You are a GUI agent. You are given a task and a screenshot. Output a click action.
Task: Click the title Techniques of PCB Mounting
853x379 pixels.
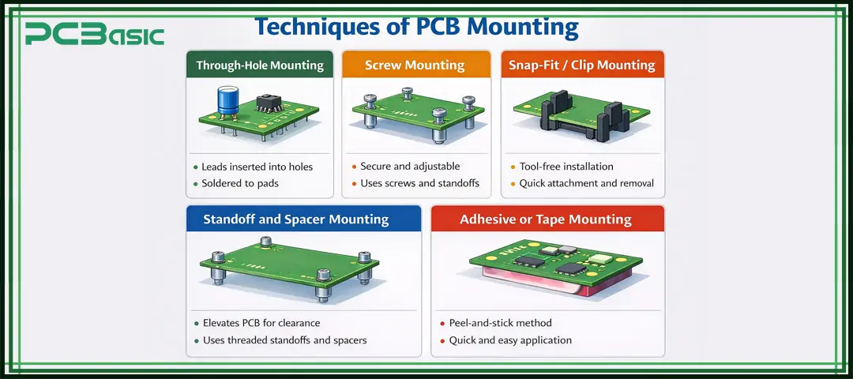(x=416, y=27)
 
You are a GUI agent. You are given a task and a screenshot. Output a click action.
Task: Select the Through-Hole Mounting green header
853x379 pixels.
(x=260, y=65)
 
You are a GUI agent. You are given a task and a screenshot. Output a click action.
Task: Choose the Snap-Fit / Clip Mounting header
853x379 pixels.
(x=582, y=65)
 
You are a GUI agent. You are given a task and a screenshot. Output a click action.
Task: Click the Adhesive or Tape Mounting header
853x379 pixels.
(x=546, y=219)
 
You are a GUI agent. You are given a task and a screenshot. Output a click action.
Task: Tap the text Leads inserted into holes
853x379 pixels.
(x=257, y=167)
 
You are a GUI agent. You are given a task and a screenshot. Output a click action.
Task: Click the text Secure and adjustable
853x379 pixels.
(x=410, y=167)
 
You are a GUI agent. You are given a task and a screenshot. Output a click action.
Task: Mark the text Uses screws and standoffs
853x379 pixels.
(x=419, y=183)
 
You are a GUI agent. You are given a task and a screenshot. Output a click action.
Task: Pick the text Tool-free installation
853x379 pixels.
(x=566, y=167)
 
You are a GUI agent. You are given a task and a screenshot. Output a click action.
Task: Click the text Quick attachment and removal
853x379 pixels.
(x=586, y=183)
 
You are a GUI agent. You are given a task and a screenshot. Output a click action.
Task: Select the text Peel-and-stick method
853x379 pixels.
(x=500, y=324)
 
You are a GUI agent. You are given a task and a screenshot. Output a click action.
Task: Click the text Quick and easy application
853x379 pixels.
(x=510, y=340)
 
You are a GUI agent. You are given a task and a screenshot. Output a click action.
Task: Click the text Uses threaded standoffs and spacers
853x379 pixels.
(x=284, y=340)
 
